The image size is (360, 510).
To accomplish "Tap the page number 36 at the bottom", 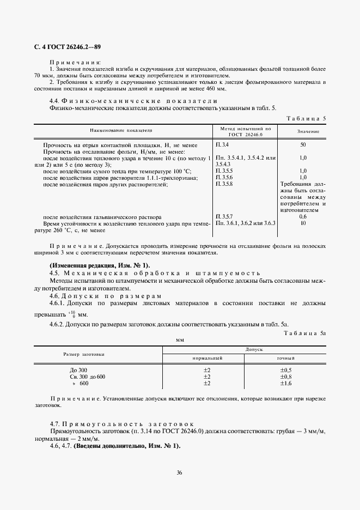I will click(179, 472).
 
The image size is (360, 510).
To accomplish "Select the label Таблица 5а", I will click(307, 332).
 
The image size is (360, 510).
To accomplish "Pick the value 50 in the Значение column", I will click(302, 144).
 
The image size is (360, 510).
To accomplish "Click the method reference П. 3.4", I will click(222, 144).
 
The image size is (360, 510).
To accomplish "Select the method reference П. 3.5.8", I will click(224, 184).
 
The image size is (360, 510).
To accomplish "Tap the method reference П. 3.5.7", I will click(224, 217).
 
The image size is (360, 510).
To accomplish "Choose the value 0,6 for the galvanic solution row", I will click(302, 217).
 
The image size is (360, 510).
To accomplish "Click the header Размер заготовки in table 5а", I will click(84, 354).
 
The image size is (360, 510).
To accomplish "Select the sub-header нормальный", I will click(208, 359).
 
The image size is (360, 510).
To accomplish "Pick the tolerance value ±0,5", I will click(285, 370).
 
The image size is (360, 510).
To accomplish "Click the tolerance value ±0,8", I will click(285, 377).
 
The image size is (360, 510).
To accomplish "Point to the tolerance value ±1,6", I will click(285, 384).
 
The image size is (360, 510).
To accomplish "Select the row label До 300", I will click(78, 370).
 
